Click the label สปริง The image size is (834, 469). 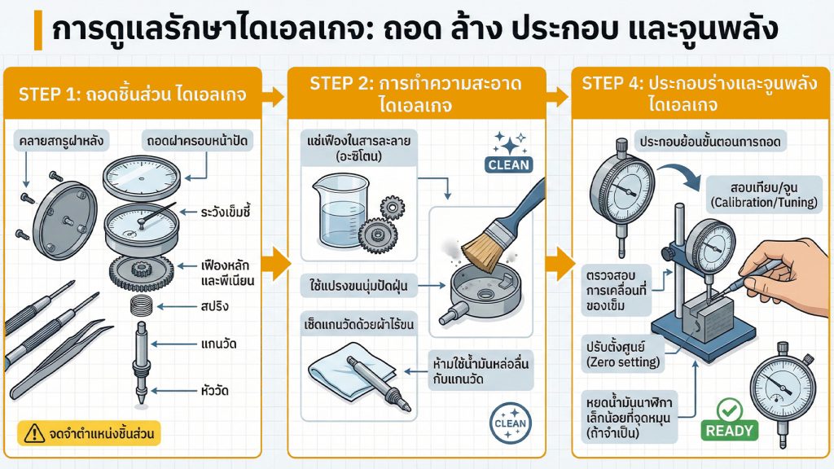pos(214,306)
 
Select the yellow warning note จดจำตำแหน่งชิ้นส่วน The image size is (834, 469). pos(89,432)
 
